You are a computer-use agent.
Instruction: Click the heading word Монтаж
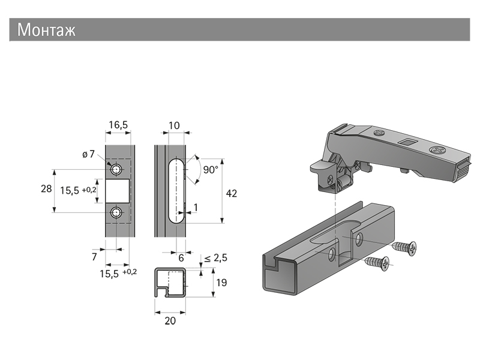click(46, 30)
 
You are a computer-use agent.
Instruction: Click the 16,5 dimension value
click(118, 125)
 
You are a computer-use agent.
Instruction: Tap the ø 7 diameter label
click(88, 155)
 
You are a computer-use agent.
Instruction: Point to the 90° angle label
click(210, 170)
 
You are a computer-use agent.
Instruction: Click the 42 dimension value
click(231, 193)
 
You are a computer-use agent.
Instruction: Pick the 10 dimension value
click(175, 125)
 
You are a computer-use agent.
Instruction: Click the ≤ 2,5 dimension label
click(215, 258)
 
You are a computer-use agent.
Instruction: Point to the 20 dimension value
click(170, 321)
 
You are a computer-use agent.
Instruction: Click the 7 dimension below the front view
click(94, 256)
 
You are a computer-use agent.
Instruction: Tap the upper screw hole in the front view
click(118, 166)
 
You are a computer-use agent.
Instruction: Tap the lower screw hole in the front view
click(118, 212)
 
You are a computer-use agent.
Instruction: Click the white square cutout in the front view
click(118, 190)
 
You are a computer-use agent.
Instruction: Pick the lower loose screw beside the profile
click(377, 262)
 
